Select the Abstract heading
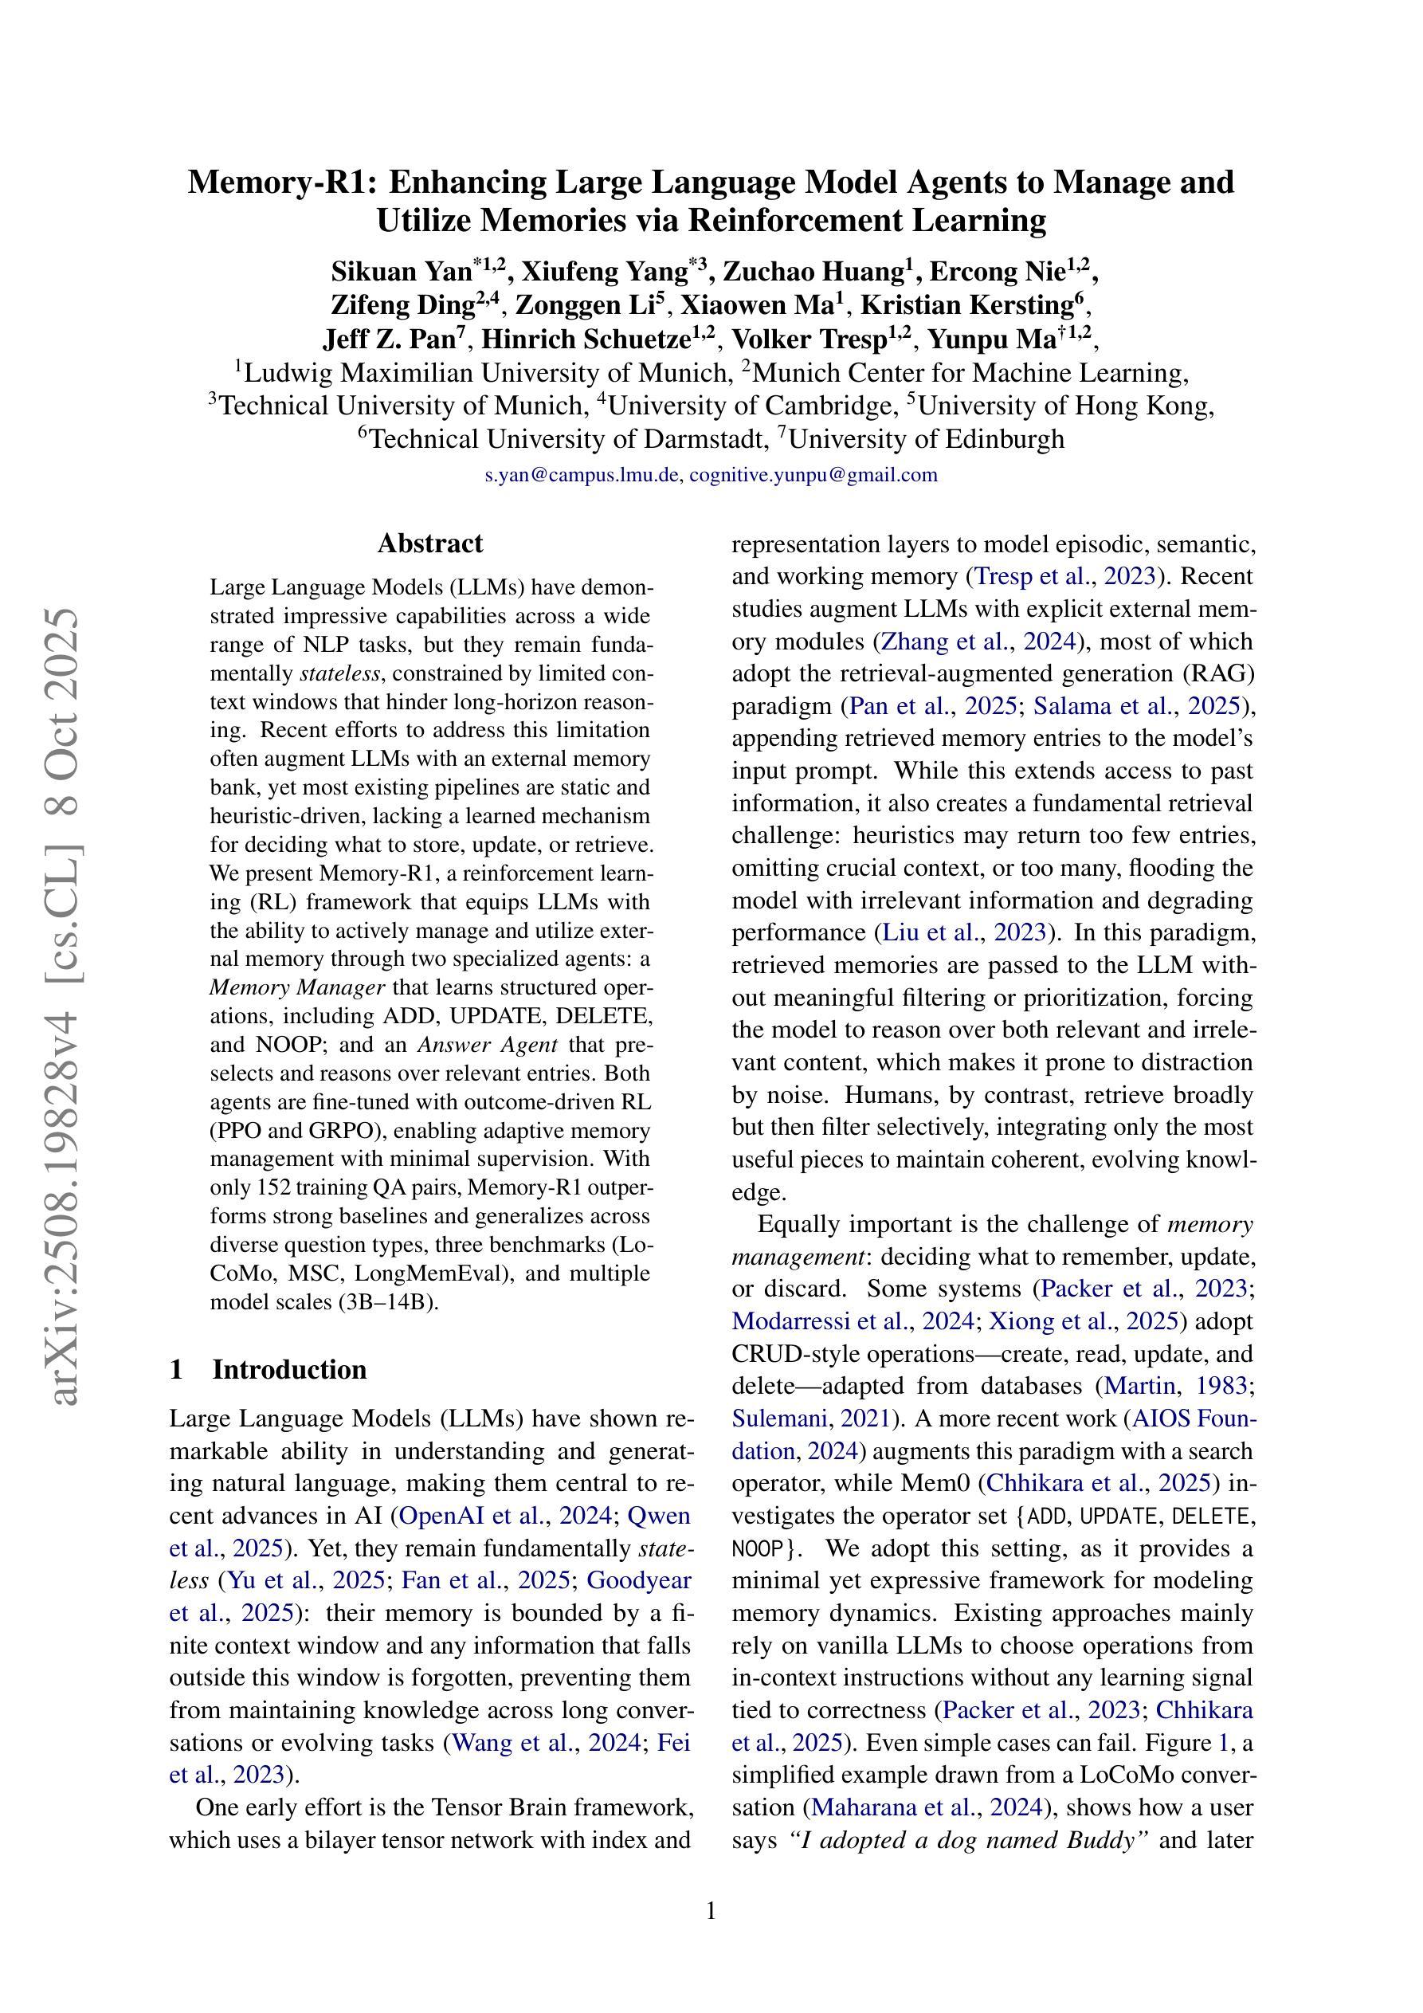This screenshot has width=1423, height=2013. pyautogui.click(x=429, y=543)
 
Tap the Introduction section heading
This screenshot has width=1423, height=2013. pyautogui.click(x=288, y=1369)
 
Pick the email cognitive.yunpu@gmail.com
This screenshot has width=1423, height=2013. pyautogui.click(x=813, y=475)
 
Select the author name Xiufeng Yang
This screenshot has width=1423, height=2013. pyautogui.click(x=604, y=272)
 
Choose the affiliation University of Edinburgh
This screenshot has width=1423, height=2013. pyautogui.click(x=927, y=438)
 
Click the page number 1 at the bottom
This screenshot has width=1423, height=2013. pyautogui.click(x=711, y=1909)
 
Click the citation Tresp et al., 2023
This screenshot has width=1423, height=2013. pyautogui.click(x=1065, y=577)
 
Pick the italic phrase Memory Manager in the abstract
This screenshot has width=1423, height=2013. pyautogui.click(x=297, y=987)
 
